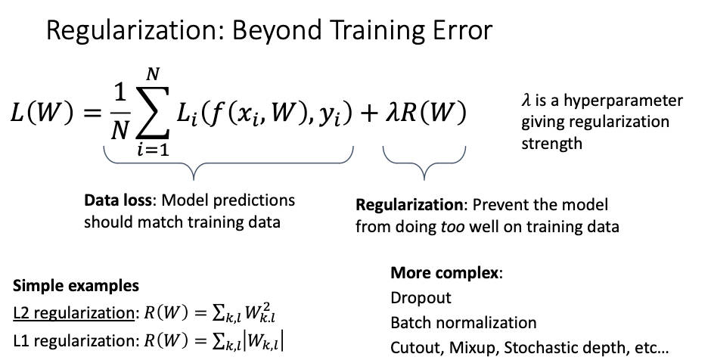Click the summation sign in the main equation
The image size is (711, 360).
click(153, 112)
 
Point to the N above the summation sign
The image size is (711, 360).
click(153, 74)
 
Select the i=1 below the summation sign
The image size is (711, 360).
click(154, 149)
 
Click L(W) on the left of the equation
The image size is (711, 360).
click(42, 112)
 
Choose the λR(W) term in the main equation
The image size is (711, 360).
click(426, 112)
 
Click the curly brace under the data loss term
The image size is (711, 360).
click(194, 163)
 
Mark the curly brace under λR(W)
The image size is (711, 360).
click(424, 163)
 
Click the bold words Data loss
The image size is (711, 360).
click(118, 200)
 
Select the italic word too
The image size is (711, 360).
click(452, 226)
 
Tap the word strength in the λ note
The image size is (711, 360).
click(551, 144)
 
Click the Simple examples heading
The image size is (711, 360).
click(76, 286)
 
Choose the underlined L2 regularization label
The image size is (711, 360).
click(73, 313)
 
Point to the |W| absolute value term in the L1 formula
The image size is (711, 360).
click(263, 340)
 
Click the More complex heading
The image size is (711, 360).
click(445, 273)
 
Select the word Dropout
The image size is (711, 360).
click(421, 298)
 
